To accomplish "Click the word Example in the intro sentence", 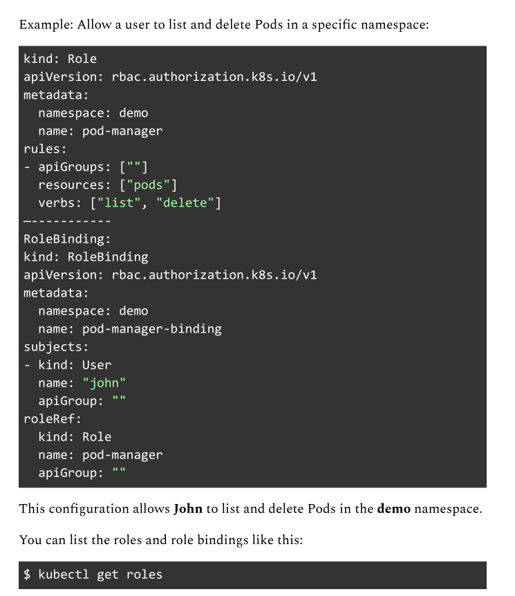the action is click(46, 25).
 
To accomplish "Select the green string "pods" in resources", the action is click(148, 185).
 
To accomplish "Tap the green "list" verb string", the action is click(119, 203).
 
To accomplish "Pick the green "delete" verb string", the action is click(185, 203).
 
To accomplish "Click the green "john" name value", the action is click(104, 383).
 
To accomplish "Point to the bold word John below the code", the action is click(188, 509).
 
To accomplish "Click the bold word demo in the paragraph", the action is click(394, 509).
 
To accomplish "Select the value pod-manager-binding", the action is click(152, 329).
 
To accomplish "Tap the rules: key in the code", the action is click(45, 149).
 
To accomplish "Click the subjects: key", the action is click(56, 346).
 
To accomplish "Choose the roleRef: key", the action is click(53, 418).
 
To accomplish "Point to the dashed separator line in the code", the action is click(67, 221).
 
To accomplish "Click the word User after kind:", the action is click(97, 365).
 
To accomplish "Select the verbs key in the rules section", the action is click(56, 203).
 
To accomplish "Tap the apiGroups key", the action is click(71, 167).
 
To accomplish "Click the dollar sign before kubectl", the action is click(27, 575).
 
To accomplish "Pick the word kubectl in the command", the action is click(64, 575).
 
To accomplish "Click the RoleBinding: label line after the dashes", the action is click(67, 239).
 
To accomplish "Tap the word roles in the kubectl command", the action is click(144, 575).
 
